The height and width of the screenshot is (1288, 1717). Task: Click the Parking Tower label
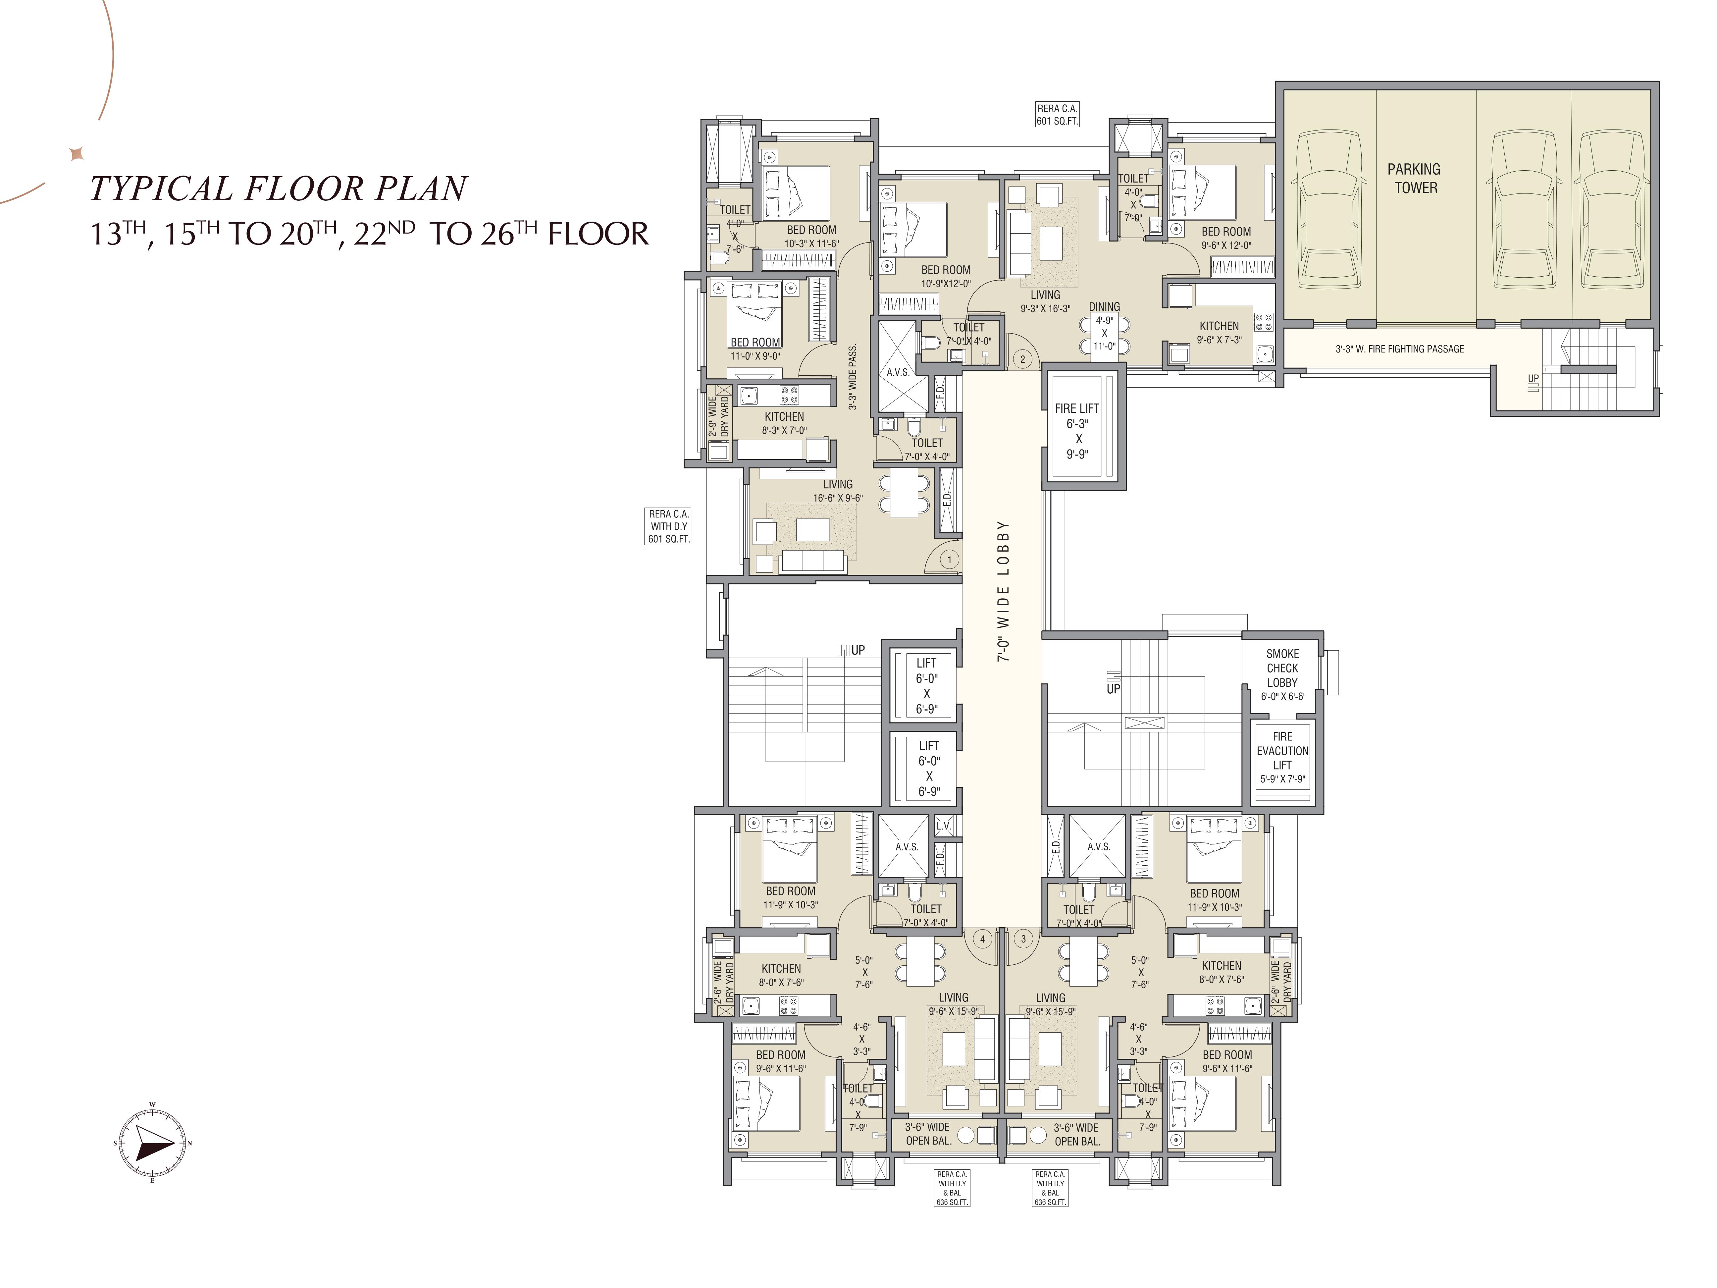click(1414, 179)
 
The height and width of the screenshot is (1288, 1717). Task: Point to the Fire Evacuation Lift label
click(1282, 757)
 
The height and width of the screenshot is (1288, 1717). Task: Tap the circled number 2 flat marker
click(1023, 359)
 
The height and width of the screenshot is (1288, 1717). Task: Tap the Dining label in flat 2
click(1104, 307)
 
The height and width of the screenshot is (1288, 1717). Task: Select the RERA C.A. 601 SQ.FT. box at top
click(1057, 115)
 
